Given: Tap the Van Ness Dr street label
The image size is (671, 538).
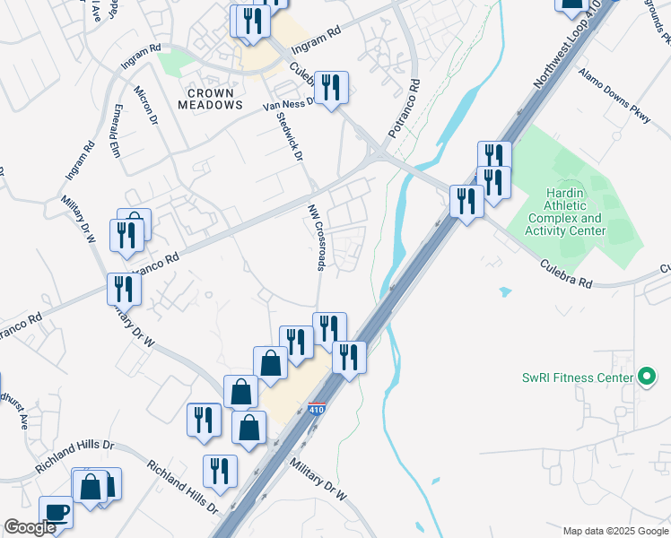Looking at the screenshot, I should (287, 104).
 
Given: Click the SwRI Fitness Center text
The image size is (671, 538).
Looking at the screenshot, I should (578, 377).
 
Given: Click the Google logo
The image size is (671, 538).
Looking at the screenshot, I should (30, 527).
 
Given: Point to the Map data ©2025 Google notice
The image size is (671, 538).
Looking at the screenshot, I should (614, 531).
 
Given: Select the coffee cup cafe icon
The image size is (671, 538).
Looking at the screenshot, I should (57, 513).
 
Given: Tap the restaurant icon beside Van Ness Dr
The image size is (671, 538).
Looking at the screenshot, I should (331, 88).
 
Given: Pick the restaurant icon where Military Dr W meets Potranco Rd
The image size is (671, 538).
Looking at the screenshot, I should (124, 290).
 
